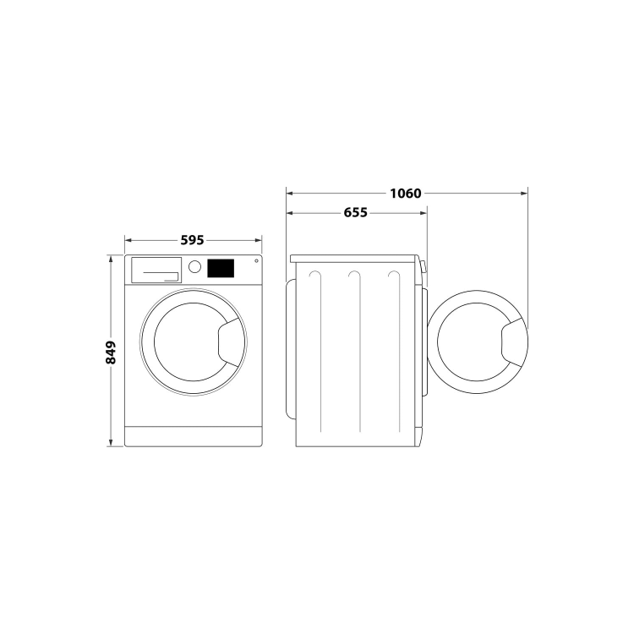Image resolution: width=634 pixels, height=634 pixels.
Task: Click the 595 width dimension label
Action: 192,240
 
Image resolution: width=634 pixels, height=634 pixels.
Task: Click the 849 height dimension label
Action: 111,353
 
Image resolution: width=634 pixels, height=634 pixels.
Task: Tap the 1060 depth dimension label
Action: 405,194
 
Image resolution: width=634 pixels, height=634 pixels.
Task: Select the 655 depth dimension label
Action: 355,212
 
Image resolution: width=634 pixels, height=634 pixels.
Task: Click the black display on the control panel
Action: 221,268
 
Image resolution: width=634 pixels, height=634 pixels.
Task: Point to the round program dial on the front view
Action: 194,266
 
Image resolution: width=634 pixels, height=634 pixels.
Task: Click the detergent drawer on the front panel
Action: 156,270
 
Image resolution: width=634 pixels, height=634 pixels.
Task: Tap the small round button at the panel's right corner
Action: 256,261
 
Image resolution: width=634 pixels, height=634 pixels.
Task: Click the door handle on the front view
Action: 231,342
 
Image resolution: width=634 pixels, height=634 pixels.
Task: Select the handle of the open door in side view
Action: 514,342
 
